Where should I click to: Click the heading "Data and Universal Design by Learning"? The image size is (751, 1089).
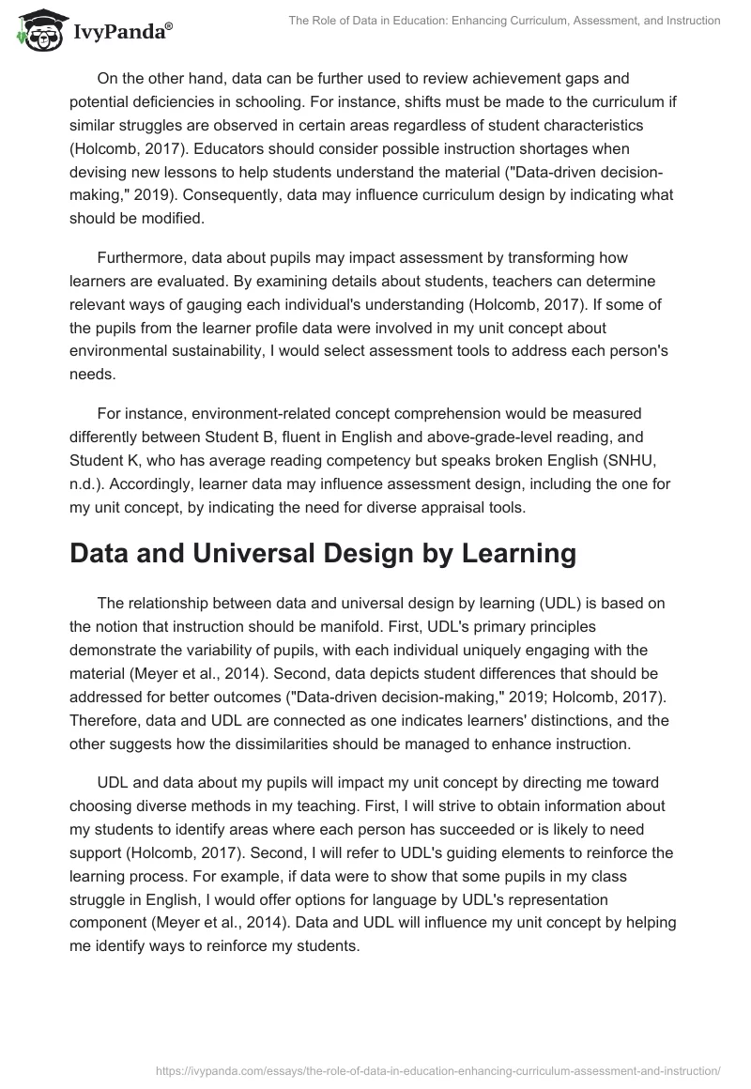click(x=323, y=553)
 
